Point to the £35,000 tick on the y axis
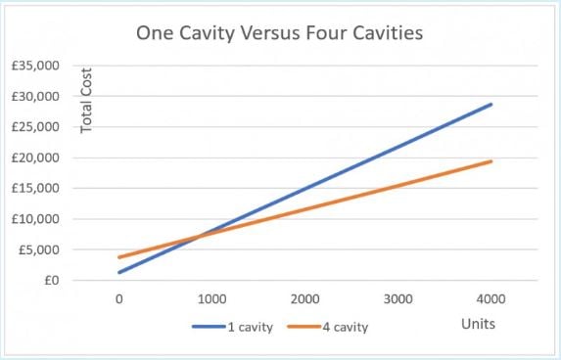point(34,66)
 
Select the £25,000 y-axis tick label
point(34,127)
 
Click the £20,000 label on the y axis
point(34,157)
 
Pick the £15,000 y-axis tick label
point(34,189)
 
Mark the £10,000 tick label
point(34,219)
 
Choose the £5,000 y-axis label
point(37,249)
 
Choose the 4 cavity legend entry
point(346,327)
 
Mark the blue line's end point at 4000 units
point(491,104)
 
